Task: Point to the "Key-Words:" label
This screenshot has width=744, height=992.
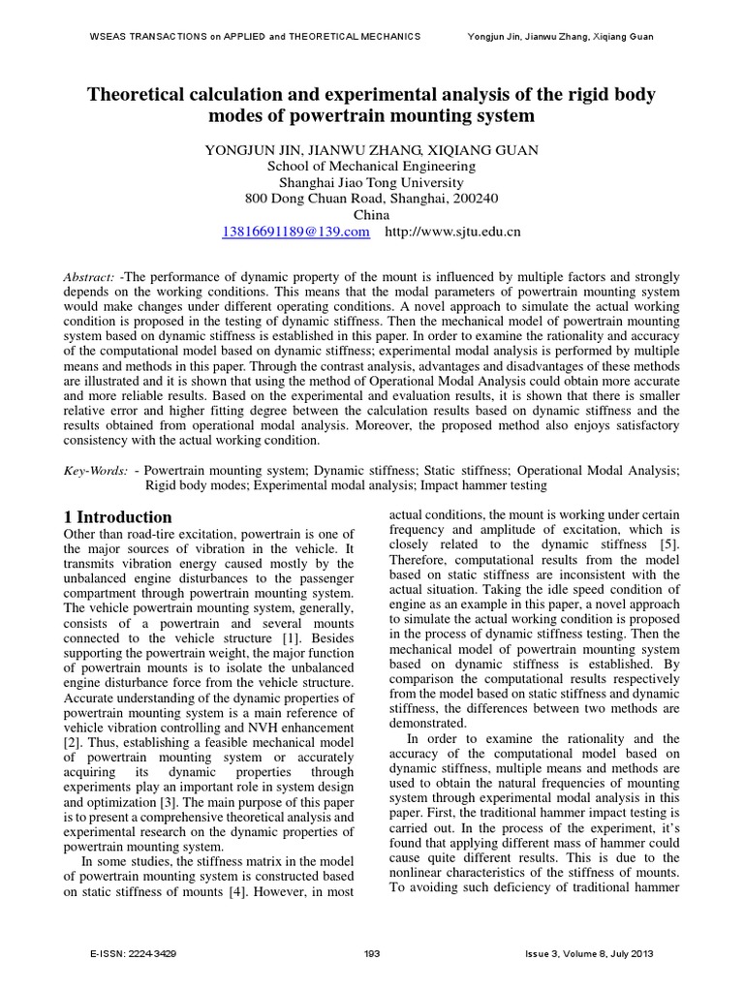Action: point(96,469)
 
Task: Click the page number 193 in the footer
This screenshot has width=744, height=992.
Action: point(371,953)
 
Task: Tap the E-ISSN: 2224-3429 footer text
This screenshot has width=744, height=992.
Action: point(133,953)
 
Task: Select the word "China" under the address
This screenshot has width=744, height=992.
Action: point(371,214)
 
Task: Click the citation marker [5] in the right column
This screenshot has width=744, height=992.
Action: point(669,544)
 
